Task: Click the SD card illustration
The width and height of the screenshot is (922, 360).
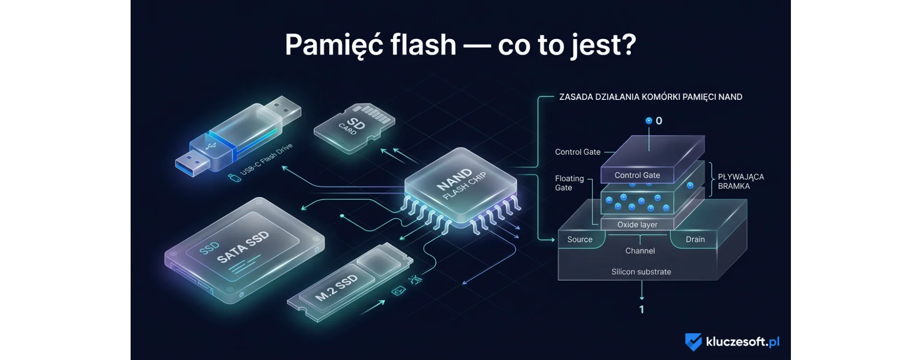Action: tap(354, 127)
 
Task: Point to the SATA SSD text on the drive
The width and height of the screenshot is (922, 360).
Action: tap(243, 247)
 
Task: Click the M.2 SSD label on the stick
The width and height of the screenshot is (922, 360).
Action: tap(336, 288)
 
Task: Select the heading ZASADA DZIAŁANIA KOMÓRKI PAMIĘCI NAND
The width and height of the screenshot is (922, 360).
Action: tap(651, 97)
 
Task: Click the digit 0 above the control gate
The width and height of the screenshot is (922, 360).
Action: tap(659, 121)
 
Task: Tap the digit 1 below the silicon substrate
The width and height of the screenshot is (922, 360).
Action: tap(642, 310)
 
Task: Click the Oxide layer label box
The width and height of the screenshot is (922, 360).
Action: tap(637, 225)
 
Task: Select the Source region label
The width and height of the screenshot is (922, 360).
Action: tap(580, 240)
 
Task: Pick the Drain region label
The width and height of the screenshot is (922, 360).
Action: tap(695, 240)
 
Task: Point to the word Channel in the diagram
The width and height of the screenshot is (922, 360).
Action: tap(640, 251)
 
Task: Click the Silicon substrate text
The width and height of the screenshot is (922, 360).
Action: tap(641, 272)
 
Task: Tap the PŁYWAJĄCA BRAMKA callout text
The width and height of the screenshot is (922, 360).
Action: tap(740, 181)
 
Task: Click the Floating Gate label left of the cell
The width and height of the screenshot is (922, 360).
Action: tap(569, 183)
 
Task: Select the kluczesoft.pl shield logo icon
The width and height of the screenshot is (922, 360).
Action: tap(693, 342)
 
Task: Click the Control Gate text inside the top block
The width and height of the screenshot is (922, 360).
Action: tap(637, 175)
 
